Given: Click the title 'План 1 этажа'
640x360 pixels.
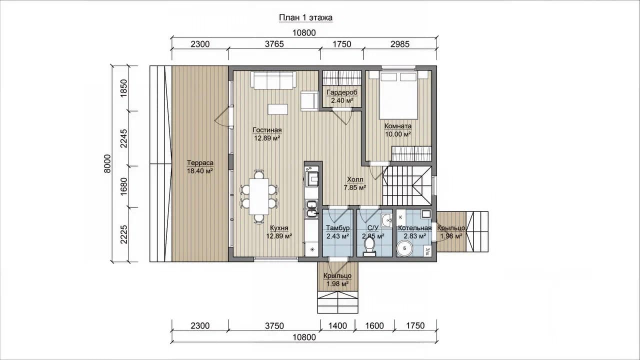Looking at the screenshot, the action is tap(305, 17).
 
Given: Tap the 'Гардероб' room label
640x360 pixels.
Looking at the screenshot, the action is tap(342, 92).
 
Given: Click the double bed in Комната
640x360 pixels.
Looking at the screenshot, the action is tap(398, 95).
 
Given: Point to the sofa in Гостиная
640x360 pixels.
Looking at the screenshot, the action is tap(273, 79).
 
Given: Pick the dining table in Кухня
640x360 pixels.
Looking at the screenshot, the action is tap(259, 196).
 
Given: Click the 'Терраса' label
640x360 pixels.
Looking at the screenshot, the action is tap(200, 163).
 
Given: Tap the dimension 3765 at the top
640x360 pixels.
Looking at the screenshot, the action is tap(274, 44).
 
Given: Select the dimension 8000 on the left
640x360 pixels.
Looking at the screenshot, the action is tap(107, 163).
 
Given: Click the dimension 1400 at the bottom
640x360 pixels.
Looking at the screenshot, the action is tap(337, 325).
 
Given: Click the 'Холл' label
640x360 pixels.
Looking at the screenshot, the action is tap(355, 179).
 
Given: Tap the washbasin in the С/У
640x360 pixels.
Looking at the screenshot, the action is tap(387, 220).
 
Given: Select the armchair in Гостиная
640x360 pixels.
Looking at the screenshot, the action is tap(309, 100).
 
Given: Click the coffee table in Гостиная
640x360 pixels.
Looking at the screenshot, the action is tap(277, 109).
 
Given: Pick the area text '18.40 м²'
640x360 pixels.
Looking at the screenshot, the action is tap(200, 171).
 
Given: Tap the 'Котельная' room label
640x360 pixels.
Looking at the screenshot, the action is tap(414, 228).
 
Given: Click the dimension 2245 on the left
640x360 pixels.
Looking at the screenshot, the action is tap(123, 138).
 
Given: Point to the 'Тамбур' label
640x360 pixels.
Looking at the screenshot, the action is tap(337, 228).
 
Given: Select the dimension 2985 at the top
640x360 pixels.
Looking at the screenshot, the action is tap(400, 44).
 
